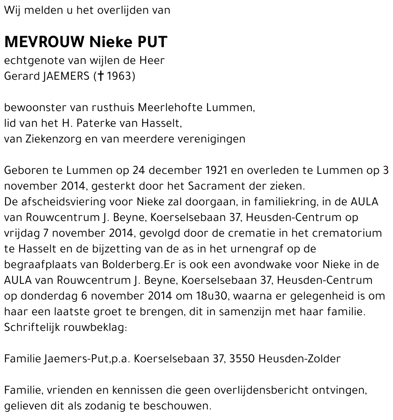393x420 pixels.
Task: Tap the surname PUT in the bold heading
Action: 152,42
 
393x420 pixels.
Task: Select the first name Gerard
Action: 21,76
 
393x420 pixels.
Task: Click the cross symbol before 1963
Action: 101,76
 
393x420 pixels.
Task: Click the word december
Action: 174,170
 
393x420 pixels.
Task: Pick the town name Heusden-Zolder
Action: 300,359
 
